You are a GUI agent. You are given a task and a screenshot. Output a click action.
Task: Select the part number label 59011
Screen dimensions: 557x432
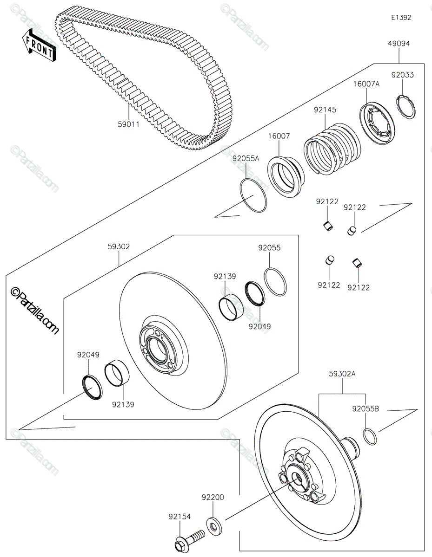128,124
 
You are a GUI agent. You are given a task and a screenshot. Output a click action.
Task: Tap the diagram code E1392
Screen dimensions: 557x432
401,18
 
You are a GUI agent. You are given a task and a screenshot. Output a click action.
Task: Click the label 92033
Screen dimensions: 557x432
402,75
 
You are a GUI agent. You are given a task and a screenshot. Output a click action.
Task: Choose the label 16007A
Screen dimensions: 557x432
366,84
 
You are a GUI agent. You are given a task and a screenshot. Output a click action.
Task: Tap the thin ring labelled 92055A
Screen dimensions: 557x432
254,195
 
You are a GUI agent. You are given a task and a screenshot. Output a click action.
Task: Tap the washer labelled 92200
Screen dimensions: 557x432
213,526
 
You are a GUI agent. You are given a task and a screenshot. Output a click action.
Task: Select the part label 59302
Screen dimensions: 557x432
119,247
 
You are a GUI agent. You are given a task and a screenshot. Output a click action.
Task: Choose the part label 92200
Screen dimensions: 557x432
213,497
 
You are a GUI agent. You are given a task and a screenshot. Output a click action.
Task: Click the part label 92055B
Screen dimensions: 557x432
366,409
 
